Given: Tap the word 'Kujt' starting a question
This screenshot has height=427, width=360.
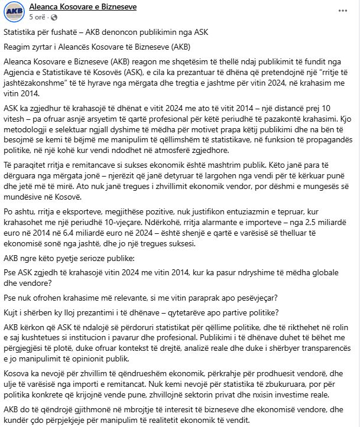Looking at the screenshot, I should [x=12, y=311].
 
